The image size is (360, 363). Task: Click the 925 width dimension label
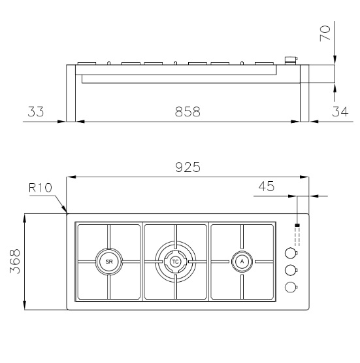coord(188,167)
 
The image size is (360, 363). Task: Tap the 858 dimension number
coord(188,112)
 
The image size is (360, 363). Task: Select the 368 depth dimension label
coord(15,262)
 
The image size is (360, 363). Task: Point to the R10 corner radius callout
coord(41,188)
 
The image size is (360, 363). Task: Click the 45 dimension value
coord(267,186)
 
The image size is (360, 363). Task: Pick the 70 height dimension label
coord(325,33)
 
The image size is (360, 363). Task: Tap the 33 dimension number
coord(35,112)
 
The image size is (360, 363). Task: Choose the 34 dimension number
coord(340,112)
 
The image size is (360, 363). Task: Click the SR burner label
coord(109,262)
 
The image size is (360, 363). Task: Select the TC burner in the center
coord(176,262)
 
